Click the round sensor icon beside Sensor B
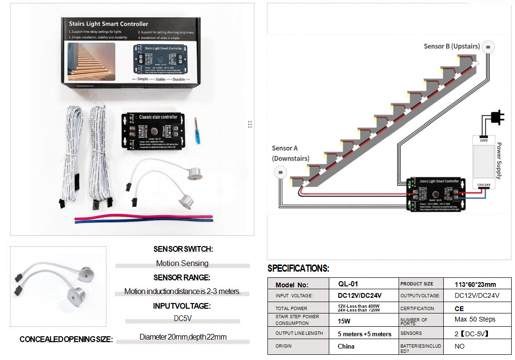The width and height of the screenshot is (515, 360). point(488,47)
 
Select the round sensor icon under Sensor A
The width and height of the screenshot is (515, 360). point(280,171)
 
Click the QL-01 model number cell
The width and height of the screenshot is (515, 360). point(348,284)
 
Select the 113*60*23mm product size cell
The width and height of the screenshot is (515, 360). point(475,284)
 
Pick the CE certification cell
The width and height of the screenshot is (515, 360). point(459,308)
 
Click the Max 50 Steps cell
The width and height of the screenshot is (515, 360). point(475,319)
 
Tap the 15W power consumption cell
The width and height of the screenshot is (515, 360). point(344,321)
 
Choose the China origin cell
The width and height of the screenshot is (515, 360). point(346,346)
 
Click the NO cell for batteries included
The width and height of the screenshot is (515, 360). point(459,347)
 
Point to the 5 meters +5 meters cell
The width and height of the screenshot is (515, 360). point(364,334)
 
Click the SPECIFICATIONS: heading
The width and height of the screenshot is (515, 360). point(298,268)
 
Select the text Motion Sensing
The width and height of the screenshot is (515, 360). point(182,263)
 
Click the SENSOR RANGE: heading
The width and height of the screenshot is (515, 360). point(181,277)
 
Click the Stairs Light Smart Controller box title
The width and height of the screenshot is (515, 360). point(108,24)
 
